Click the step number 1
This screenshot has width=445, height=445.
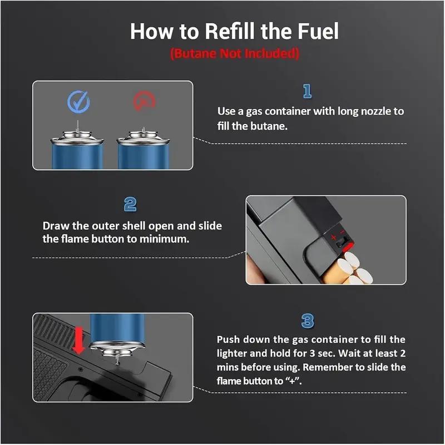[306, 91]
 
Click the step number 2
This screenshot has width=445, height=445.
[130, 204]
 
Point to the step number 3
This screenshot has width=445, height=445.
[307, 321]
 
